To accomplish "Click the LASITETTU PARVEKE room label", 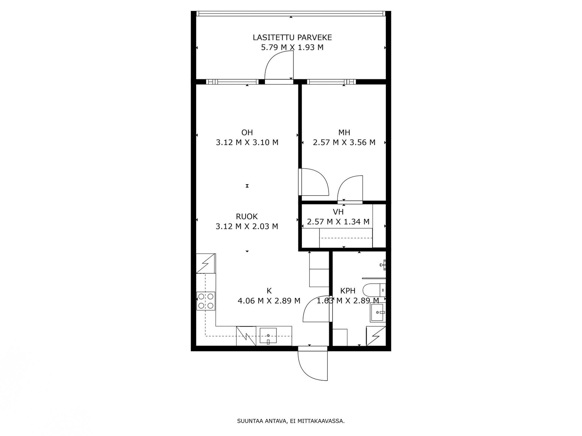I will [x=292, y=37].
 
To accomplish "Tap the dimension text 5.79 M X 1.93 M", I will [x=292, y=47].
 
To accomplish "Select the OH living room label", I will [x=247, y=132].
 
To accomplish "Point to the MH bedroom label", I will [x=344, y=132].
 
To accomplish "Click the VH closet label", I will [x=338, y=212].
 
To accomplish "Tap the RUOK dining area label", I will [x=247, y=217].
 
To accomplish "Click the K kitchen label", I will [x=269, y=291].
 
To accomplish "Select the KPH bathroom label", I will [x=348, y=291].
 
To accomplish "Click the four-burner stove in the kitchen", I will [x=206, y=301].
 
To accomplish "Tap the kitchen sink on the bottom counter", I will [x=268, y=336].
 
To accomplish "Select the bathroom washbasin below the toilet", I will [x=378, y=313].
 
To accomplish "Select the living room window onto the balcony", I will [x=232, y=82].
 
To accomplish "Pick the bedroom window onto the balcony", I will [x=331, y=82].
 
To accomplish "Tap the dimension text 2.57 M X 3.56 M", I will [x=344, y=142].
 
